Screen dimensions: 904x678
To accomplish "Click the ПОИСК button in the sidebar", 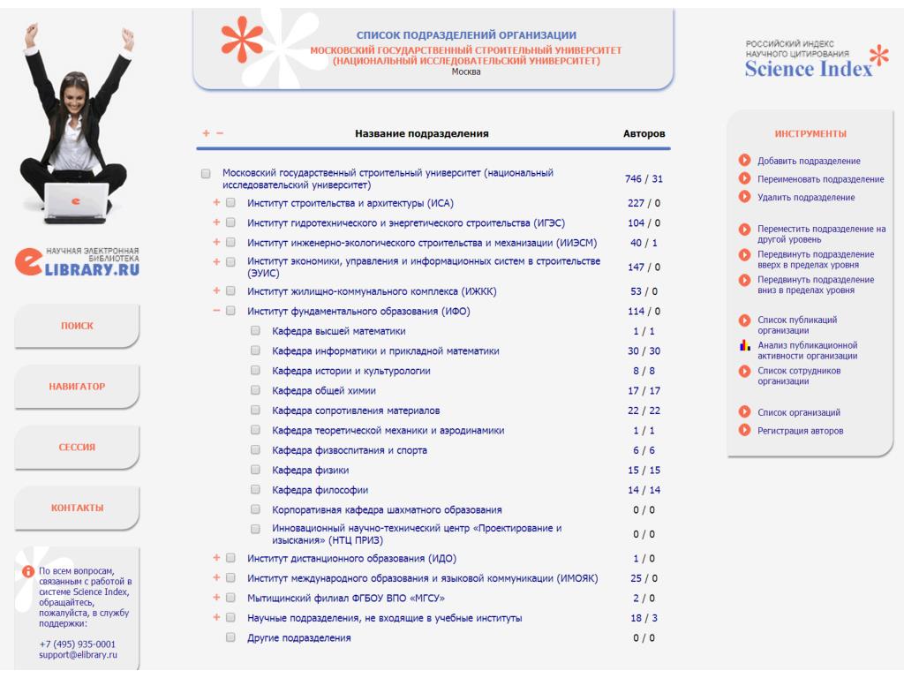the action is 77,326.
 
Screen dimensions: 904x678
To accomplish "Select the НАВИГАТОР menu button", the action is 77,387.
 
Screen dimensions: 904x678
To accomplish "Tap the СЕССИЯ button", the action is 77,447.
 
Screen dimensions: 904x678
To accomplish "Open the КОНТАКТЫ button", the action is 77,508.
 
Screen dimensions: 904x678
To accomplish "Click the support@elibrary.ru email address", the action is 78,655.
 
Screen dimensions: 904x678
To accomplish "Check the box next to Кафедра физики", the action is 255,470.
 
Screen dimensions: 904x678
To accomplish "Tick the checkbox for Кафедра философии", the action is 255,489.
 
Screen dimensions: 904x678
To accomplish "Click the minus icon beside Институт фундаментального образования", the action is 216,311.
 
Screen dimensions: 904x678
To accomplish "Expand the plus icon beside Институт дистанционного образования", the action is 216,558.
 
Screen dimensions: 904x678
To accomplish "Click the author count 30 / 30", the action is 644,351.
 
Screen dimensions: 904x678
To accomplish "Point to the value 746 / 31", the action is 644,178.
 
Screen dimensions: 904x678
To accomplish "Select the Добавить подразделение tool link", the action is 809,161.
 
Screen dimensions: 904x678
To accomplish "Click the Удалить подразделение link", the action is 806,197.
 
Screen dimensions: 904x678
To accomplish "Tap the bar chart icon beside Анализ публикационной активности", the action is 745,345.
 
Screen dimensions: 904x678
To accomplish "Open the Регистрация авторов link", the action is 800,431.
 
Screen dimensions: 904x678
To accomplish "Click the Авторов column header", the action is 644,134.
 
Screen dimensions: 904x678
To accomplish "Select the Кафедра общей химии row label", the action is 323,391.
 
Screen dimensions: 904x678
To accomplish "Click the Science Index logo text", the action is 809,69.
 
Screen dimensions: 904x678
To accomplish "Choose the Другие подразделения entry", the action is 298,638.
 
